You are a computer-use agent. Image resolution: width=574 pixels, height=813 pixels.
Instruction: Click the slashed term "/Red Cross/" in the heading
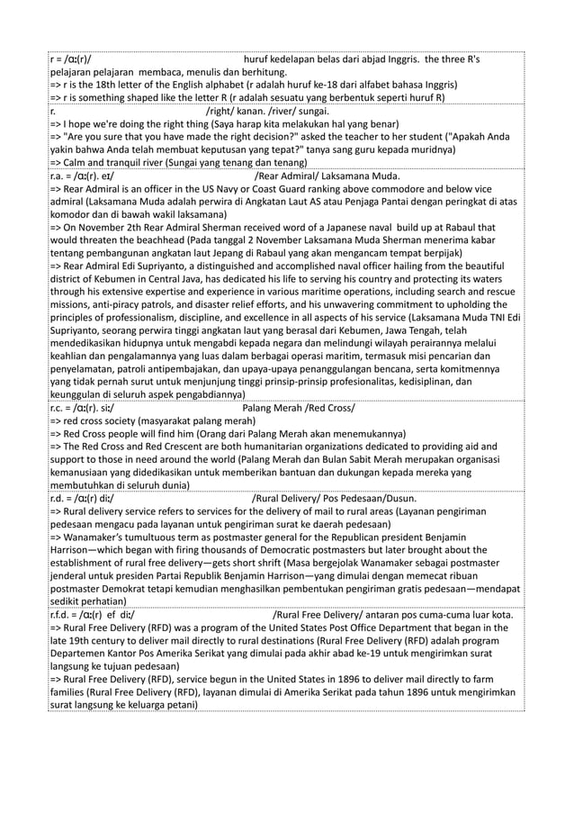click(328, 407)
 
